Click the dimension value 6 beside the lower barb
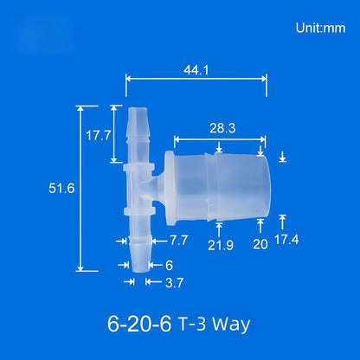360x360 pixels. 170,265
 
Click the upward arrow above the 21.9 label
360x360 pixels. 219,228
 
